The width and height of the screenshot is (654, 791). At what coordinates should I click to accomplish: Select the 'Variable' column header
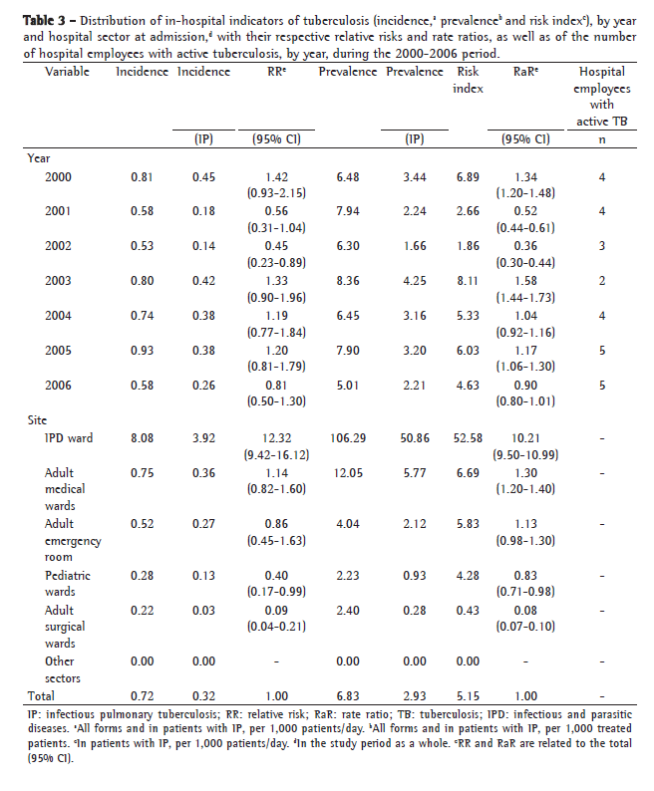(x=68, y=72)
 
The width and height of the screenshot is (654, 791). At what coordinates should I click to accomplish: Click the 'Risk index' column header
(x=469, y=80)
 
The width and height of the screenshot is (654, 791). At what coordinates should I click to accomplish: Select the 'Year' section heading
(x=39, y=156)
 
